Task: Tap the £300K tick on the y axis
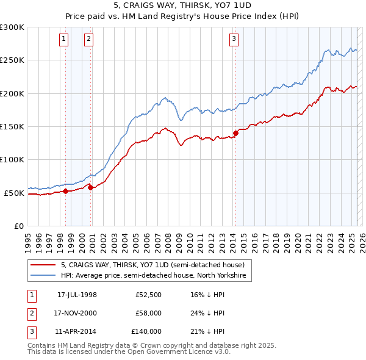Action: tap(12, 27)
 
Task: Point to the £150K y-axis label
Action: tap(12, 126)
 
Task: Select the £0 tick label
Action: tap(18, 226)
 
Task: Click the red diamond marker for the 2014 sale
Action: tap(235, 133)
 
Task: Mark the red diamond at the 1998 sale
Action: tap(66, 191)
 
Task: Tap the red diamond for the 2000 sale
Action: tap(91, 187)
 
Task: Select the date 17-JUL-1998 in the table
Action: tap(77, 294)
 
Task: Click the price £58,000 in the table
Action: tap(149, 313)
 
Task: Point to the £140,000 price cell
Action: tap(146, 332)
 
